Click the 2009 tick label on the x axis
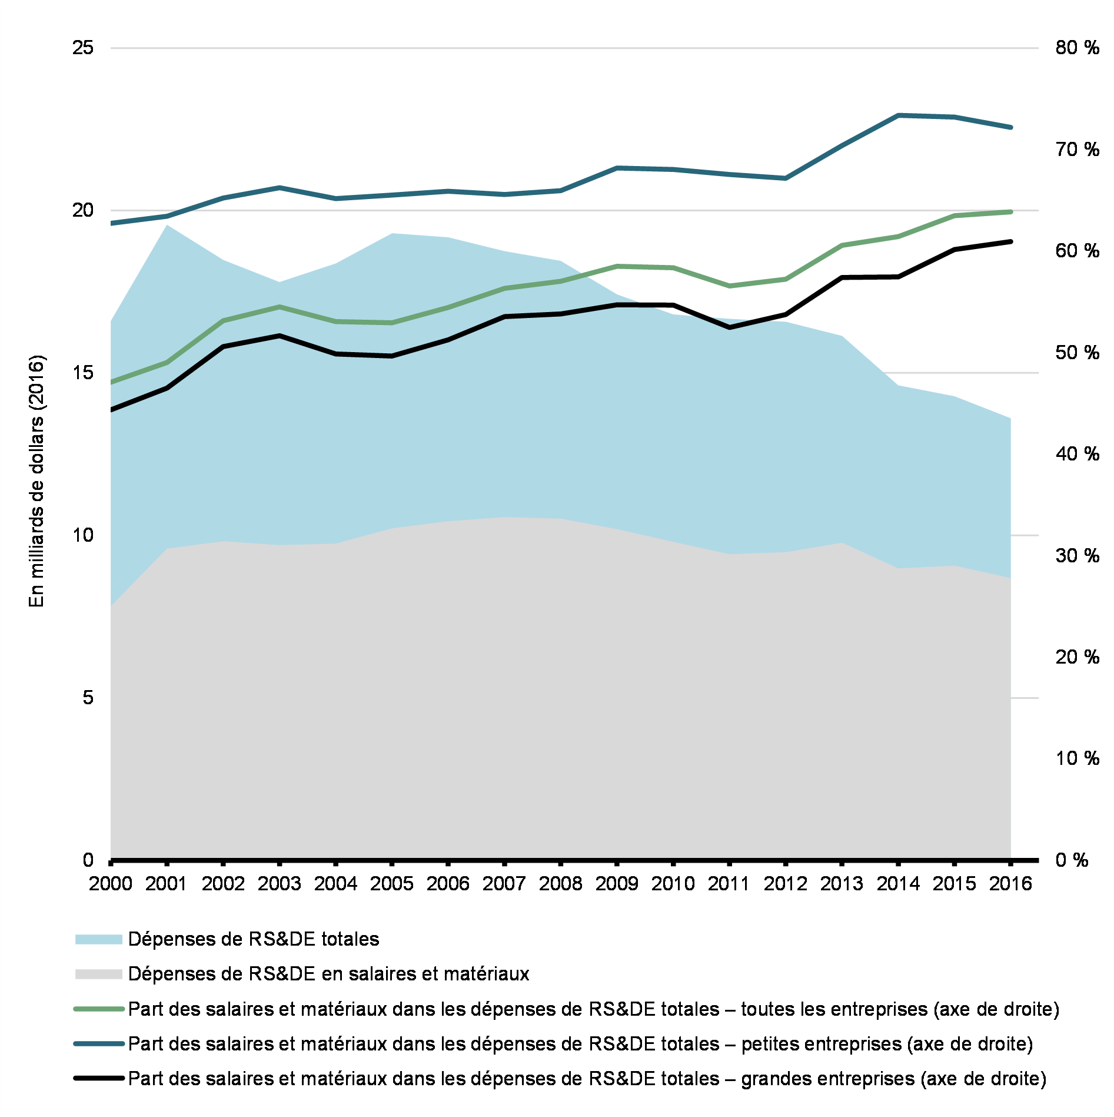pos(616,883)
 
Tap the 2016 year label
pos(1010,883)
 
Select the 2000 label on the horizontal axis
pos(111,883)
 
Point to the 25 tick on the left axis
pos(83,48)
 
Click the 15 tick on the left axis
pos(83,372)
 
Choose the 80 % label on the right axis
pos(1077,48)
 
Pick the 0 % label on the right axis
pos(1072,860)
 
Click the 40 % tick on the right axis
pos(1077,454)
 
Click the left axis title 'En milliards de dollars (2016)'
pos(36,480)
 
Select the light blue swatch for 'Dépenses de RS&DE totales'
pos(98,939)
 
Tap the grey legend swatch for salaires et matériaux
pos(98,974)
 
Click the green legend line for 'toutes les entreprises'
pos(98,1009)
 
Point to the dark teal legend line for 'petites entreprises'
pos(98,1044)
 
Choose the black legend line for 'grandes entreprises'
pos(98,1079)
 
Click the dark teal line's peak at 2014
pos(898,115)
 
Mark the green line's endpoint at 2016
pos(1010,212)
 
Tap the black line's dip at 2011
pos(729,327)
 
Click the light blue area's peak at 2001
pos(167,226)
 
